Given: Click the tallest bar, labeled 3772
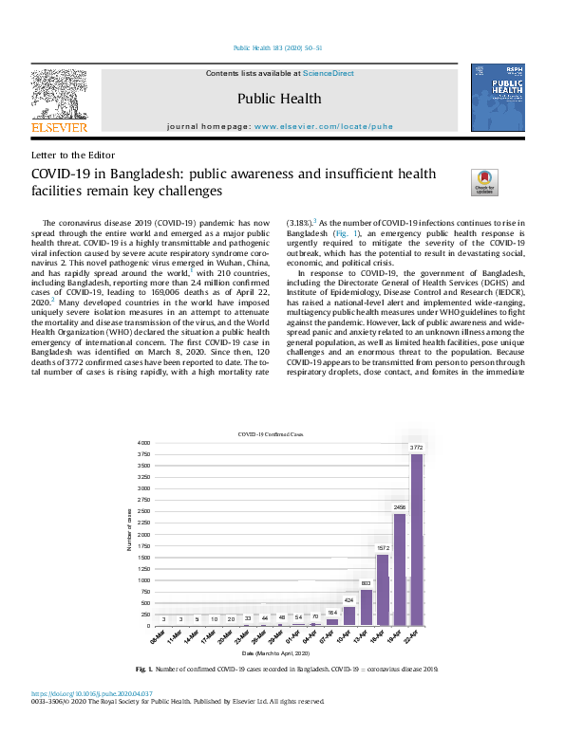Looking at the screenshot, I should coord(417,540).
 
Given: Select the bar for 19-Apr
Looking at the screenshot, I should coord(400,569).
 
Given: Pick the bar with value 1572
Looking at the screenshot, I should coord(383,590).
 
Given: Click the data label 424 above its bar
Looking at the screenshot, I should coord(348,600).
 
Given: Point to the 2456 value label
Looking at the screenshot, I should coord(400,508).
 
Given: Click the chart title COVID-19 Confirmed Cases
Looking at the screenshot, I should coord(271,432).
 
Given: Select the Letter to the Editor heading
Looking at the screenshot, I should coord(73,155).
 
